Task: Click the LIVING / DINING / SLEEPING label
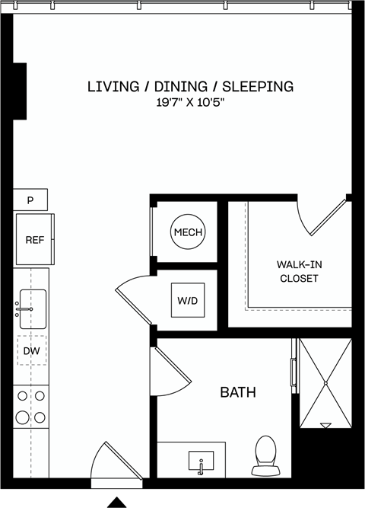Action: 190,86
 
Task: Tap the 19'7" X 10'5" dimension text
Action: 189,103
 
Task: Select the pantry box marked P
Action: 30,200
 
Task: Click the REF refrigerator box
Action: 34,239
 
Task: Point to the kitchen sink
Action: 32,308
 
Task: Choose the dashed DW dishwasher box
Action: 31,351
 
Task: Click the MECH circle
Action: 188,232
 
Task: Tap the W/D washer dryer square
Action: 188,301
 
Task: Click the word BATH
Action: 237,393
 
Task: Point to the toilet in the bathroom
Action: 265,453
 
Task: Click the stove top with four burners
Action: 31,408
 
